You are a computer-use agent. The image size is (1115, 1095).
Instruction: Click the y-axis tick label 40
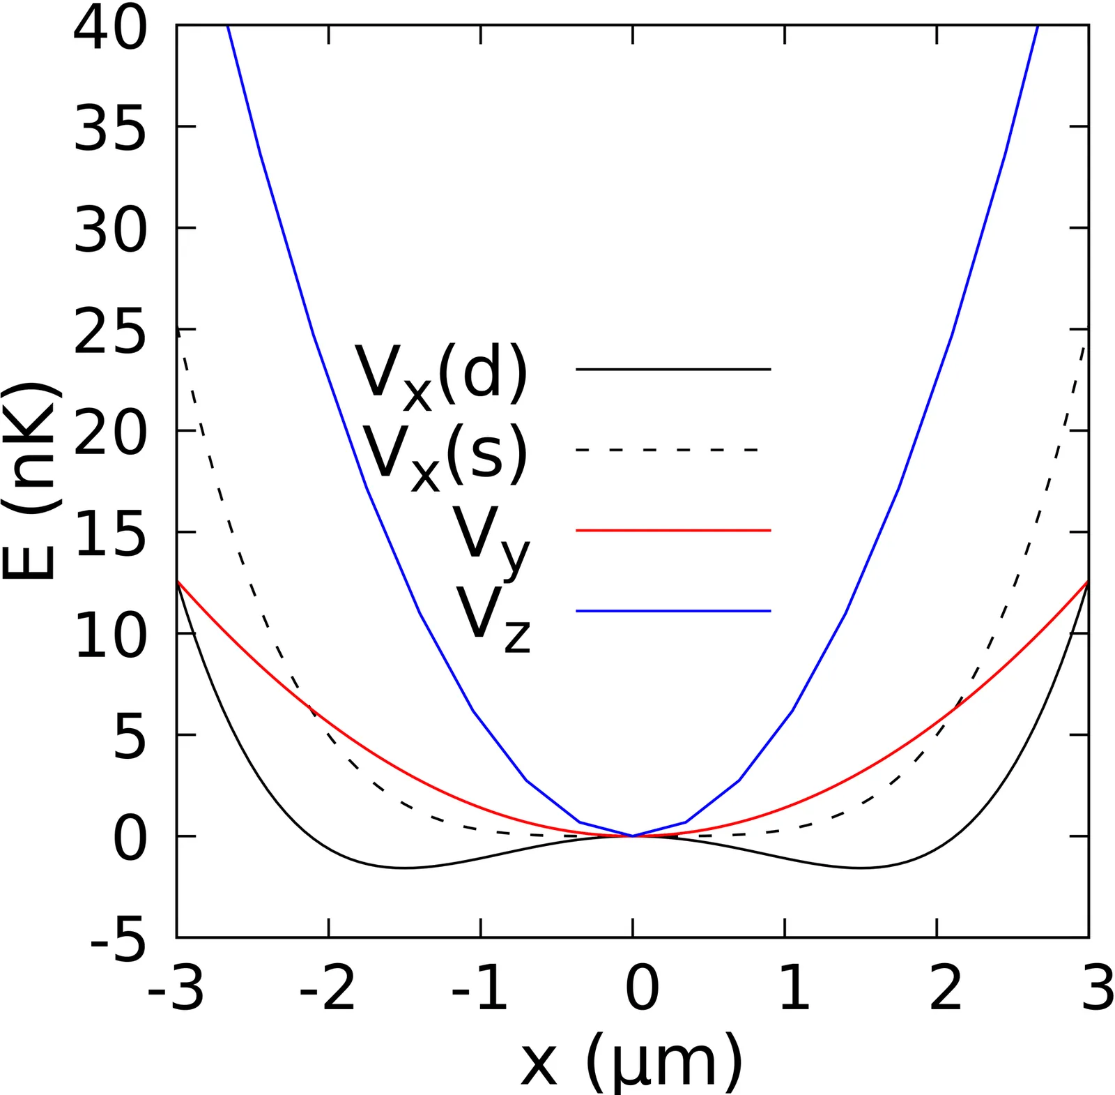[x=110, y=28]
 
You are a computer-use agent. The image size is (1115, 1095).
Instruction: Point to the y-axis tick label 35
[x=110, y=128]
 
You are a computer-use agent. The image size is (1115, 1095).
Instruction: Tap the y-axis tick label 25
[x=110, y=330]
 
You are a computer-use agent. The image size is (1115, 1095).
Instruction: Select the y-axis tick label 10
[x=110, y=634]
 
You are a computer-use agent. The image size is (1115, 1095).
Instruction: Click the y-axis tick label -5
[x=118, y=939]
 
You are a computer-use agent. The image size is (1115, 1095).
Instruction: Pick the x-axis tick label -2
[x=328, y=988]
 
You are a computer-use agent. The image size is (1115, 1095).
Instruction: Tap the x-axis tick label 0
[x=642, y=988]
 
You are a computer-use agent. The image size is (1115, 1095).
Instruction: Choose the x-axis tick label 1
[x=794, y=988]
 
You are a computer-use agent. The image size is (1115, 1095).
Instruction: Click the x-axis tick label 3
[x=1098, y=988]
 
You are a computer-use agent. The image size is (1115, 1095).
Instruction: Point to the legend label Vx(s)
[x=445, y=457]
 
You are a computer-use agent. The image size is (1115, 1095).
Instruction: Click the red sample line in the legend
[x=673, y=531]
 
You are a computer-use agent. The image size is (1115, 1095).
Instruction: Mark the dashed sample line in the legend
[x=667, y=450]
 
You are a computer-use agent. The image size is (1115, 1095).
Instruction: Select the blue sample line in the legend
[x=673, y=611]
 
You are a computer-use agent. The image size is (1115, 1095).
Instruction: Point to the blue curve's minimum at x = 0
[x=633, y=836]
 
